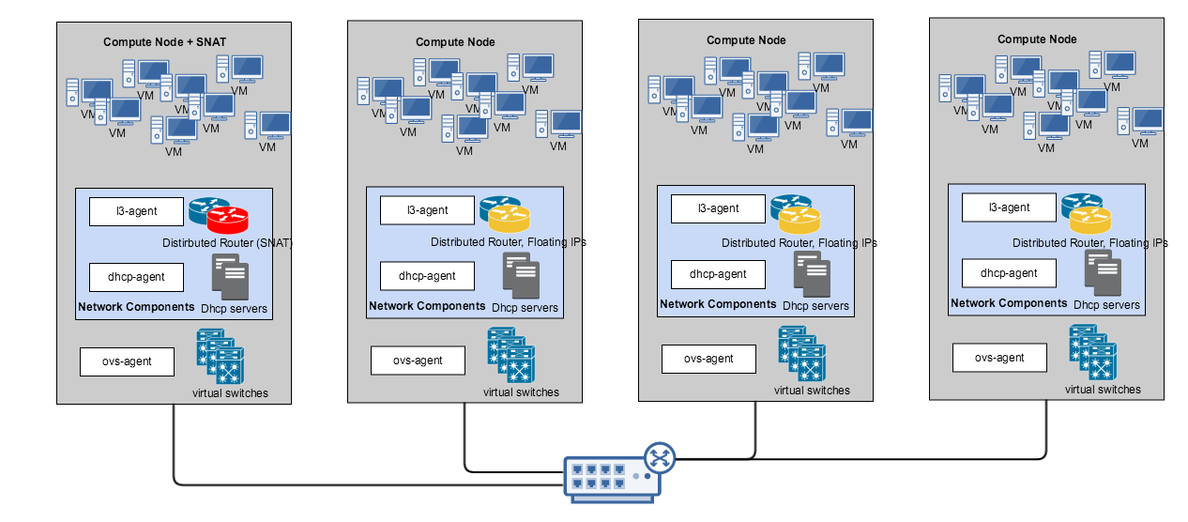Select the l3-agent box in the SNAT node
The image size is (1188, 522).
click(136, 212)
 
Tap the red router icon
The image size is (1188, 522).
click(228, 221)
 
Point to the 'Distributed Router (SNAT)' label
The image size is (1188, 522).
click(228, 243)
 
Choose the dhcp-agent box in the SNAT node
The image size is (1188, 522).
click(136, 277)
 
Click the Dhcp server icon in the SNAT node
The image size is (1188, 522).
click(230, 278)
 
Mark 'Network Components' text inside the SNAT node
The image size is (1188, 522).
click(137, 307)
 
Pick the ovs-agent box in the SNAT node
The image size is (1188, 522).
click(127, 361)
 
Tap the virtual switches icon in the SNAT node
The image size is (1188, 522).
click(220, 357)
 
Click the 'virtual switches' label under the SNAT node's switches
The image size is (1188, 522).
click(229, 392)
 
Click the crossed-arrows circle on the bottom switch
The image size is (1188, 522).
click(661, 458)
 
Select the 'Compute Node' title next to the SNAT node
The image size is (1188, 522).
click(455, 41)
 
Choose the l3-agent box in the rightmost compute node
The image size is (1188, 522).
click(1009, 207)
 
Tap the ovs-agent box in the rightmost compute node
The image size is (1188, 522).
click(999, 358)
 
